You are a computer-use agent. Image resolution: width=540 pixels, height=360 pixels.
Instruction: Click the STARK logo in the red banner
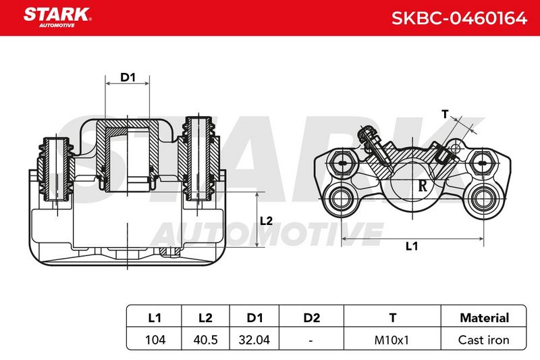pyautogui.click(x=57, y=17)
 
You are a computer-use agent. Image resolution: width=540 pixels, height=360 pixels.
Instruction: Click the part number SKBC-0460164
pyautogui.click(x=459, y=18)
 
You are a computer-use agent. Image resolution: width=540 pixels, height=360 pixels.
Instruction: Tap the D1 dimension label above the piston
pyautogui.click(x=128, y=77)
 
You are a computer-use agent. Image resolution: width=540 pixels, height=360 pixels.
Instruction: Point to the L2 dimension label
pyautogui.click(x=266, y=221)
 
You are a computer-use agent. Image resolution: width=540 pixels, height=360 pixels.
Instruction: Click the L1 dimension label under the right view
pyautogui.click(x=412, y=246)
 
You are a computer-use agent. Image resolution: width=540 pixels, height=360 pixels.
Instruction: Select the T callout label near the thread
pyautogui.click(x=445, y=113)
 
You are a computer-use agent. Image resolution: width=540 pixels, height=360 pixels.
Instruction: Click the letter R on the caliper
pyautogui.click(x=423, y=186)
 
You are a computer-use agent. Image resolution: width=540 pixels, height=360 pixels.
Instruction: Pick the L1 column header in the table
pyautogui.click(x=155, y=317)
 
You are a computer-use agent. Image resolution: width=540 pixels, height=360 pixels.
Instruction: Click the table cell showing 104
pyautogui.click(x=155, y=340)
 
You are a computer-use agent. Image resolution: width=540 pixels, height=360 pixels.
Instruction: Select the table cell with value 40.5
pyautogui.click(x=206, y=340)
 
